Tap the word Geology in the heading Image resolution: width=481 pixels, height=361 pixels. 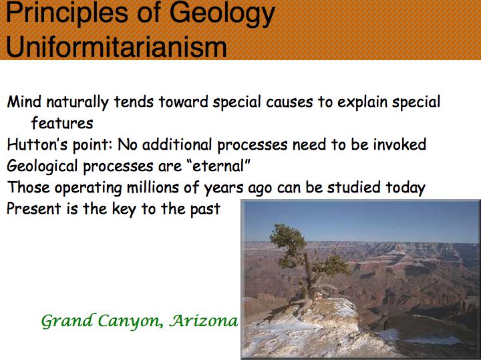click(x=222, y=14)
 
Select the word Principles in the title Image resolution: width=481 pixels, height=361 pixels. click(x=67, y=14)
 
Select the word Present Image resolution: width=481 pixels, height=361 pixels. click(x=34, y=209)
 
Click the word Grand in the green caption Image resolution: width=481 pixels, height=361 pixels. click(x=67, y=321)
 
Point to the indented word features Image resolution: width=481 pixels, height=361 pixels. click(x=62, y=123)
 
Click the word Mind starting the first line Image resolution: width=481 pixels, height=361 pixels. click(x=24, y=102)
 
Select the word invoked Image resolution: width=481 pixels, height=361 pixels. click(x=399, y=144)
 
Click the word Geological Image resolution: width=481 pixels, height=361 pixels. click(x=42, y=166)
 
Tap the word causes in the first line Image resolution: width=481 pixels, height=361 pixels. click(x=289, y=102)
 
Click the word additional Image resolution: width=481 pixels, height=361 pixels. click(x=177, y=144)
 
